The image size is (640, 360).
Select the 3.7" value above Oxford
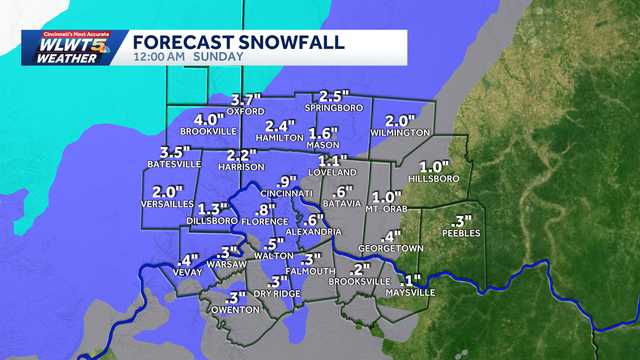pyautogui.click(x=246, y=100)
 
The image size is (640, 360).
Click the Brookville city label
pyautogui.click(x=207, y=131)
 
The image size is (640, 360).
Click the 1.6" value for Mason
pyautogui.click(x=324, y=133)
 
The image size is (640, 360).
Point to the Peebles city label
pyautogui.click(x=461, y=233)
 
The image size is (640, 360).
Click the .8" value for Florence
pyautogui.click(x=265, y=209)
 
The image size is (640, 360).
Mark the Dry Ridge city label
pyautogui.click(x=277, y=292)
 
